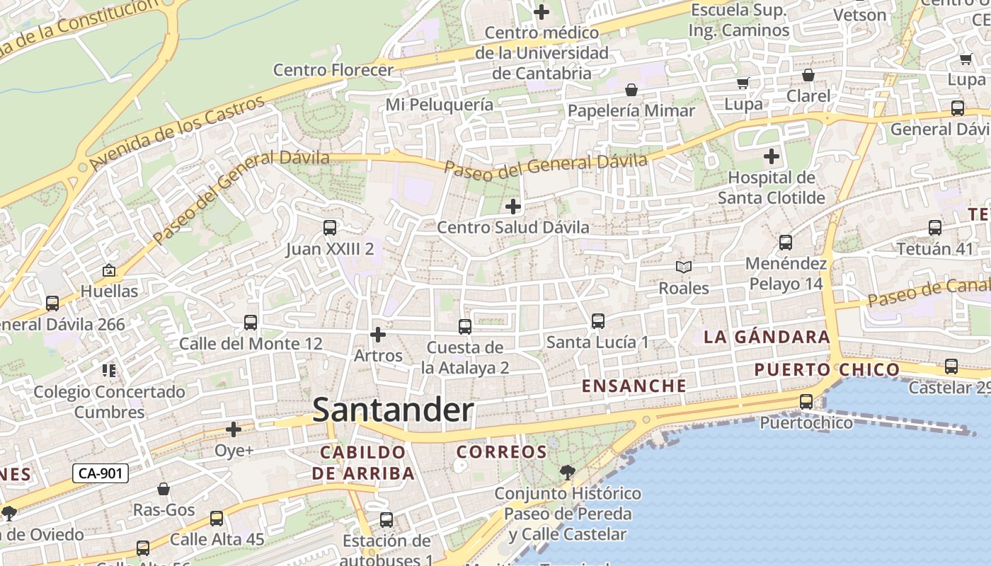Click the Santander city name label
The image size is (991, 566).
coord(393,410)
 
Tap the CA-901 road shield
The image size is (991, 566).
coord(101,473)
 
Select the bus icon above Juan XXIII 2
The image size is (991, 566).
coord(330,228)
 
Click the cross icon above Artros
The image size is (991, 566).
coord(378,334)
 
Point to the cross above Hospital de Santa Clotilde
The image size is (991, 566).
coord(772,156)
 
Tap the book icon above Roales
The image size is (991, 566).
coord(683,267)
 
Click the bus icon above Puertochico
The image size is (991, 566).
coord(806,402)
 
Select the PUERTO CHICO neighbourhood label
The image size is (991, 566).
coord(827,369)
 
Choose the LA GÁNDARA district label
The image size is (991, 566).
coord(767,337)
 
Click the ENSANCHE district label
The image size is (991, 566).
coord(634,386)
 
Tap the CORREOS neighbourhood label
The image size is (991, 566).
coord(502,451)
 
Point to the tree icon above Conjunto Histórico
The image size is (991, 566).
coord(567,472)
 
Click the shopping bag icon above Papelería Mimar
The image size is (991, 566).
coord(631,90)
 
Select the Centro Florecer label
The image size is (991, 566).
coord(333,70)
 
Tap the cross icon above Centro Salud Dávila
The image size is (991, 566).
coord(513,207)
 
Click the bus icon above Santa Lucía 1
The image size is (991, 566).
coord(598,321)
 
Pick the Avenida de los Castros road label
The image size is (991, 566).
coord(177,133)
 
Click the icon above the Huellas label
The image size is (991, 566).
coord(109,270)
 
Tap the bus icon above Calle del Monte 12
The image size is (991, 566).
coord(251,323)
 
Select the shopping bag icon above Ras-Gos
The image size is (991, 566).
coord(164,489)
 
